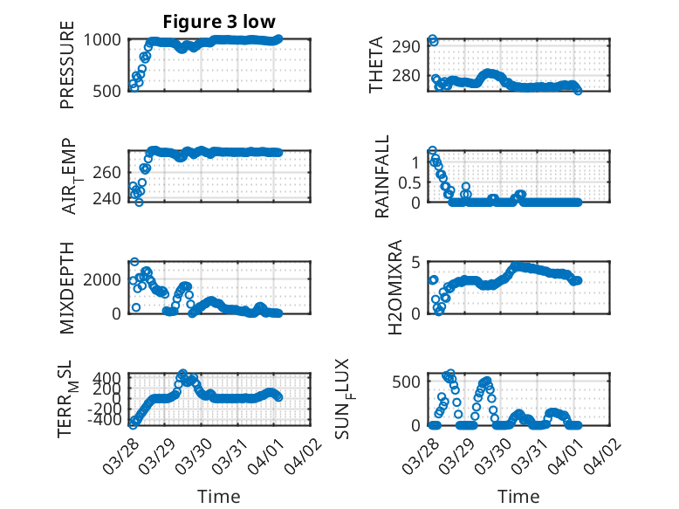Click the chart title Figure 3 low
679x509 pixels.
click(x=219, y=22)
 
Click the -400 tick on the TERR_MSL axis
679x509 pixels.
click(x=107, y=420)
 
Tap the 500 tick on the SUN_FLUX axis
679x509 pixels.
click(x=411, y=382)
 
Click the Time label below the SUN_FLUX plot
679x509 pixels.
click(x=518, y=497)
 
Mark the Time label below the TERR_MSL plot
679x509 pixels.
click(x=219, y=497)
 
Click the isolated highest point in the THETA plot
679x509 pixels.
click(x=433, y=40)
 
